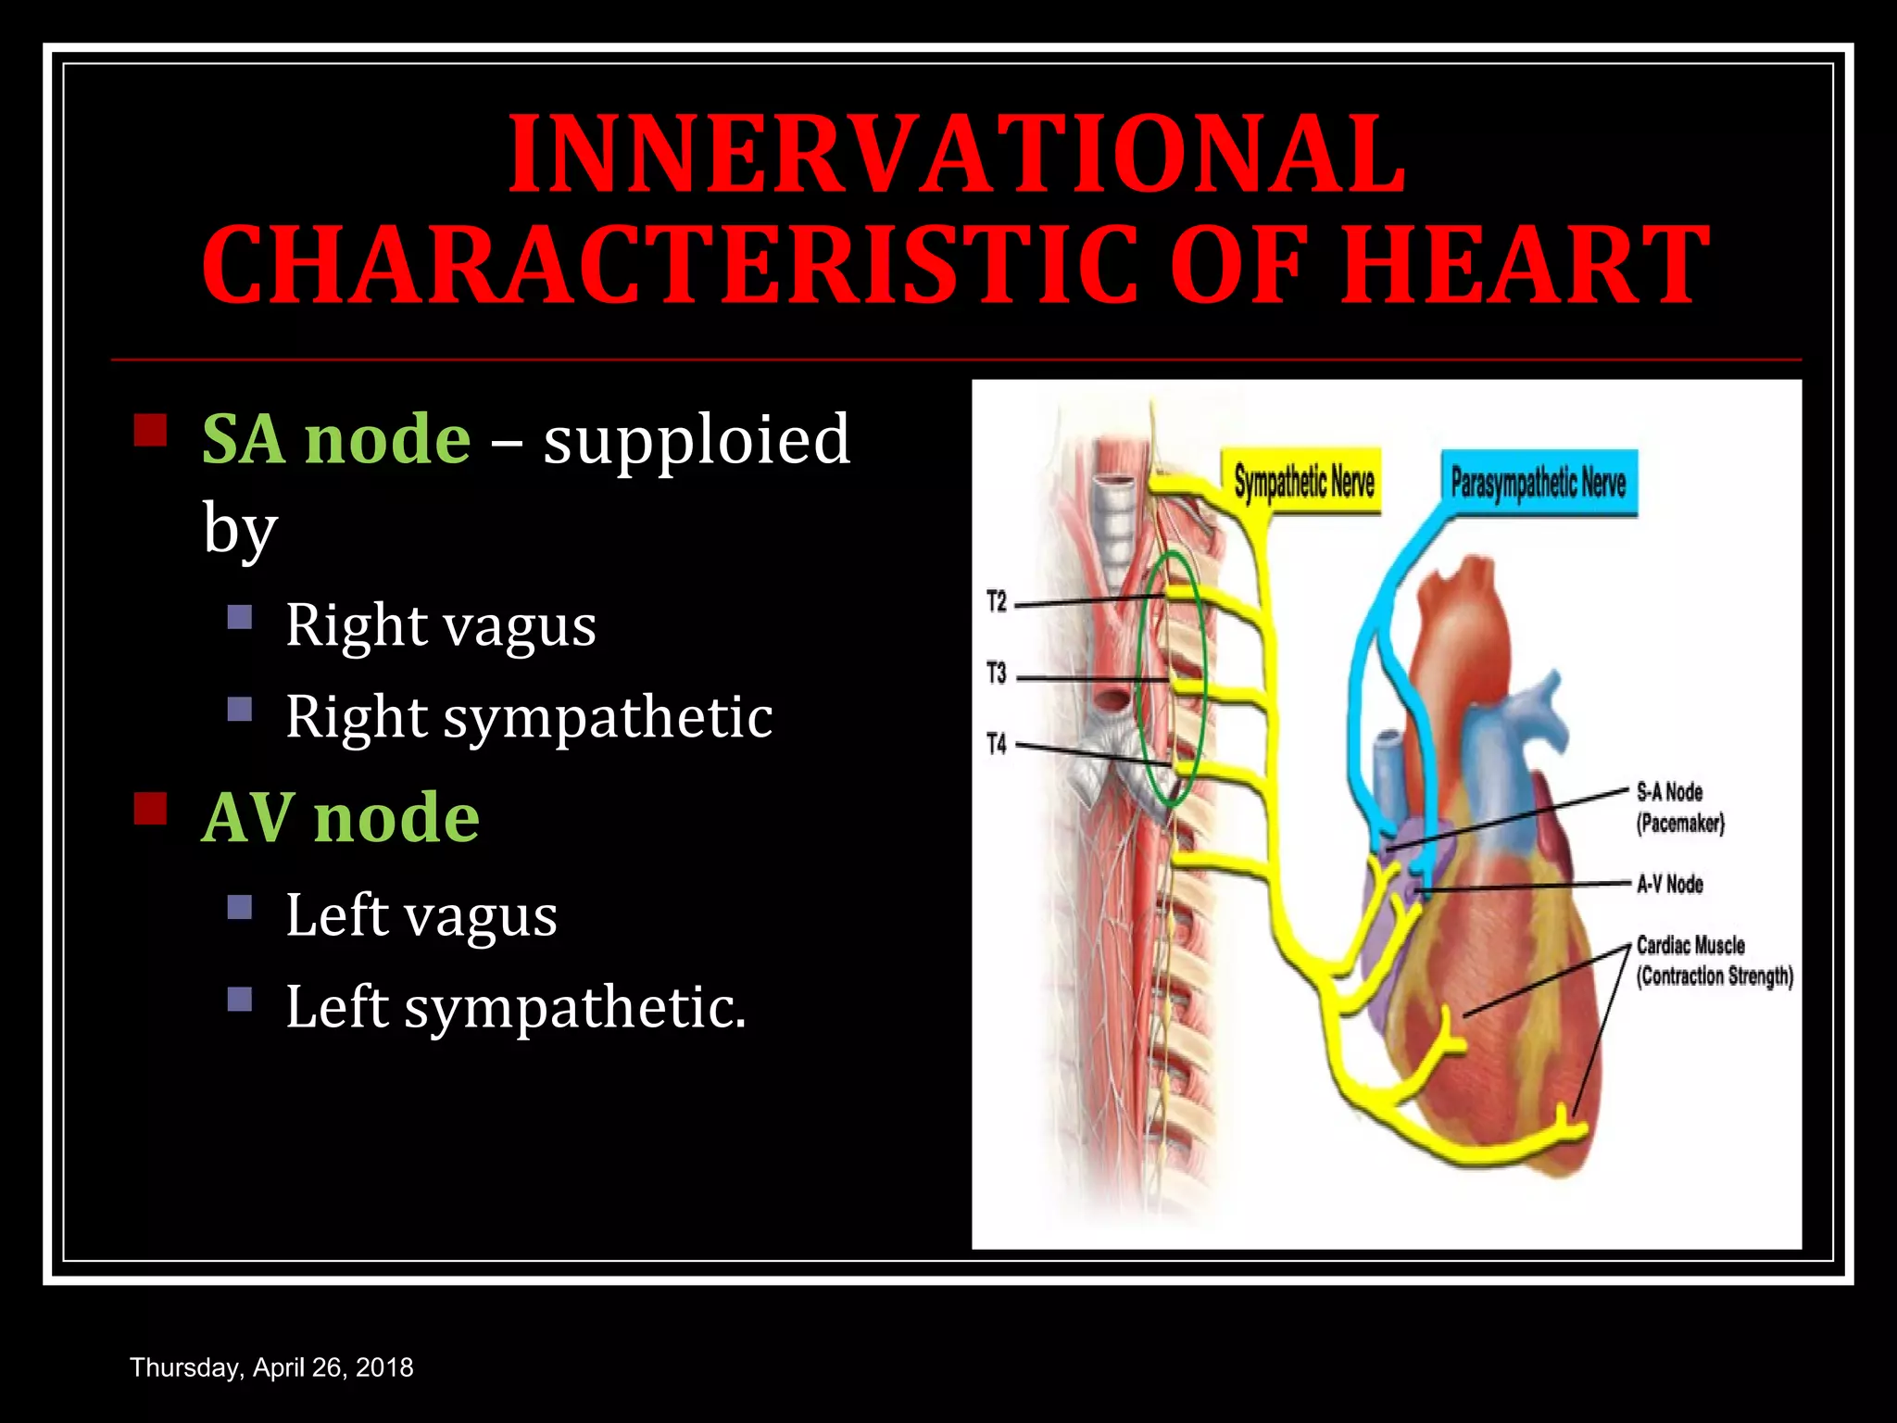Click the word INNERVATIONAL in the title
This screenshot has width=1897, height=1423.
tap(957, 154)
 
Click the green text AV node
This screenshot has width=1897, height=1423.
tap(340, 818)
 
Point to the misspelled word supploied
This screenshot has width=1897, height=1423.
tap(697, 440)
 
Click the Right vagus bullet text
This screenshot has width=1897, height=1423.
tap(440, 625)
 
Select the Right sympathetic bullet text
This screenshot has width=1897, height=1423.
tap(528, 717)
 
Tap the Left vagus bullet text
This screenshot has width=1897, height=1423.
tap(421, 915)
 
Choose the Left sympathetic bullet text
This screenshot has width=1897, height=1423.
tap(515, 1007)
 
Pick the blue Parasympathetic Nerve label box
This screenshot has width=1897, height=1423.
tap(1538, 483)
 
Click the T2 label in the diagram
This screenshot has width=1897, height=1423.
tap(997, 602)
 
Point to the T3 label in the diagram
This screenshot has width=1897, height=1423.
tap(997, 674)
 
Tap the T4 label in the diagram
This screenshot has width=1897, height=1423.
tap(997, 744)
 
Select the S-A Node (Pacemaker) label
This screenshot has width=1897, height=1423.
tap(1679, 808)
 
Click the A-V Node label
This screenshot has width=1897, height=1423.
tap(1669, 884)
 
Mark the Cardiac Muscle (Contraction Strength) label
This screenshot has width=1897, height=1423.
tap(1714, 961)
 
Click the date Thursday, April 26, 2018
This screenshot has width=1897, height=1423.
tap(271, 1367)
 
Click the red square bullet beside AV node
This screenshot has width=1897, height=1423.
tap(150, 809)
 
